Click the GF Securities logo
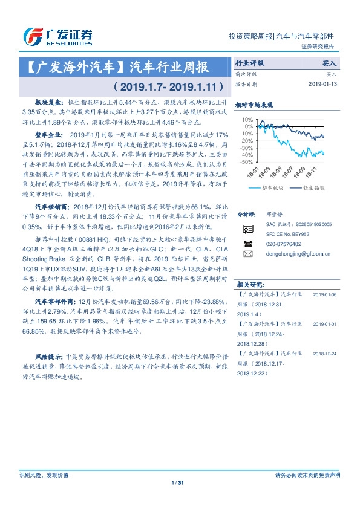pos(57,37)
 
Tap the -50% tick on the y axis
pos(247,162)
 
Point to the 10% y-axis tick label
pos(248,120)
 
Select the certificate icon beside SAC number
pos(247,229)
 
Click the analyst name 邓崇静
pos(274,214)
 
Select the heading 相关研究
pos(249,284)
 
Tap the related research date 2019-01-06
pos(326,295)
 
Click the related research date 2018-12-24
pos(326,352)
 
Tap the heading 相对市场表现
pos(254,105)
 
